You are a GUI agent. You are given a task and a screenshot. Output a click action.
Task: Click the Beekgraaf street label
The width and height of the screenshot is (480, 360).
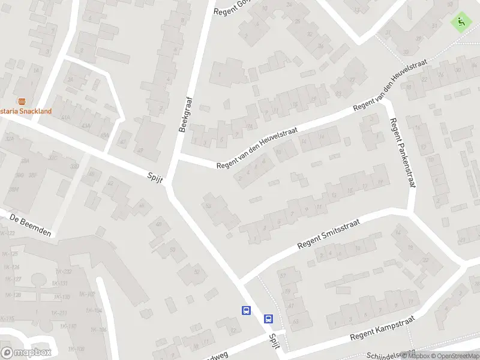(x=186, y=115)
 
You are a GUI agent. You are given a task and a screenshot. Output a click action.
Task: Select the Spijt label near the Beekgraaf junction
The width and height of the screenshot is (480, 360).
(x=157, y=178)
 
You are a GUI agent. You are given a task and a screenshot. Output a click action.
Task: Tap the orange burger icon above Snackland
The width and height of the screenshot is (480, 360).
(x=22, y=101)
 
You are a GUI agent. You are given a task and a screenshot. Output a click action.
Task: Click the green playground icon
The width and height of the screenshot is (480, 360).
(x=461, y=22)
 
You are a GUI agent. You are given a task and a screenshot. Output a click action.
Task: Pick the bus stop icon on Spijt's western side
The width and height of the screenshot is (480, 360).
(x=245, y=310)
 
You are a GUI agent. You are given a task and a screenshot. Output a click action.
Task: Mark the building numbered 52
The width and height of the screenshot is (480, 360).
(x=196, y=272)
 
